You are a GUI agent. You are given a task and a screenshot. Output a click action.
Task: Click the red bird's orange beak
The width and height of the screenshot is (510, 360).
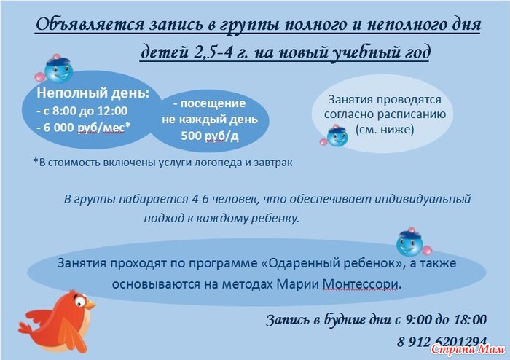coord(90,305)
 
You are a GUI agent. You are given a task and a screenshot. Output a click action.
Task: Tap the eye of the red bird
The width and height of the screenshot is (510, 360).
coord(80,301)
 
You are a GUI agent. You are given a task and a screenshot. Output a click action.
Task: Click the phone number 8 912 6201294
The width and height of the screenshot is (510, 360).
coord(442,342)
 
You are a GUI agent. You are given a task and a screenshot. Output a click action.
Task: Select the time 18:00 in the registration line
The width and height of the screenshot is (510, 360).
coord(470,320)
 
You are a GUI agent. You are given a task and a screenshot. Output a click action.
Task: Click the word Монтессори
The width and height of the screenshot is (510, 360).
coord(361,284)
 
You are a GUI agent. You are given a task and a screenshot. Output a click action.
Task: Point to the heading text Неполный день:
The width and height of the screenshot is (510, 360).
coord(93,93)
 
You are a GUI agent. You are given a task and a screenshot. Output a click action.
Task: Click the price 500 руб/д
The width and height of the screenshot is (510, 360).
coord(210,136)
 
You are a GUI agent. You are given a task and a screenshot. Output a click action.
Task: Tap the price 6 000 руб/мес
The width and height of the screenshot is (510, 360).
coord(84,128)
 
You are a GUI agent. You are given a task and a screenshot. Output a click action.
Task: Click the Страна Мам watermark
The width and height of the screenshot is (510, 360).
coord(468,349)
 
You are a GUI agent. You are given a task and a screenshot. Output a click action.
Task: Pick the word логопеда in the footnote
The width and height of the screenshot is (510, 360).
coord(218,163)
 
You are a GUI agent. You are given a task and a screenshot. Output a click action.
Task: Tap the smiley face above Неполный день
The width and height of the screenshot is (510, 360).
coord(58,69)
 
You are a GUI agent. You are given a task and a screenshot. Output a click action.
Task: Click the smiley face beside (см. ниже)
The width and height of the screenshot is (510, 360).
coord(335,136)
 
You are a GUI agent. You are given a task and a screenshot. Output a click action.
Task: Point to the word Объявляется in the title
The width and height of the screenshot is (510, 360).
coord(90,25)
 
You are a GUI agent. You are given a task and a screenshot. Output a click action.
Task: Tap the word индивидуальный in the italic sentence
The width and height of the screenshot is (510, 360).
coord(423,199)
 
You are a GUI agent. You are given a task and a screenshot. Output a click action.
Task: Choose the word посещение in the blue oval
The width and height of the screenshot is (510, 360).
coord(213,103)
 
